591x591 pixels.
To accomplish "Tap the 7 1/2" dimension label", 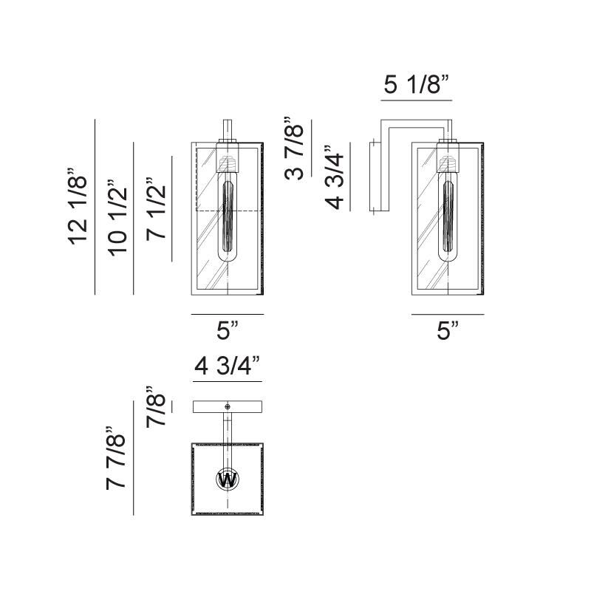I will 155,209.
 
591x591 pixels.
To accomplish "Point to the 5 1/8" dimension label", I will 417,85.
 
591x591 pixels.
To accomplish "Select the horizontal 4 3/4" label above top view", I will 228,366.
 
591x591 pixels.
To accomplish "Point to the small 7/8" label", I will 155,406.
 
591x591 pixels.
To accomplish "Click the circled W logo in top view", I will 228,480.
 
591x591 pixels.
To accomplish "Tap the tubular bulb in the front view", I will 228,222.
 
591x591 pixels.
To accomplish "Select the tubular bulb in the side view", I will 446,222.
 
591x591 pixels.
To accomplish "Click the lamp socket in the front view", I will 228,160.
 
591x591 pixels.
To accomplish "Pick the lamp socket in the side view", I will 446,160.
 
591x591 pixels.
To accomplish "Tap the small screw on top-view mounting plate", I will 228,406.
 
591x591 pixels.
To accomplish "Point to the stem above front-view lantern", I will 228,127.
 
